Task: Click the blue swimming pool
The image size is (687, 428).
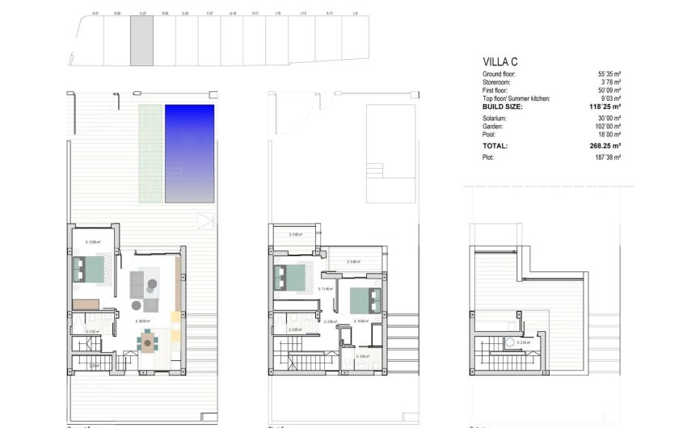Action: pos(189,153)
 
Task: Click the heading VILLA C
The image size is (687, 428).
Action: pos(501,61)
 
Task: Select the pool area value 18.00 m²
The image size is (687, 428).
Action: pos(607,134)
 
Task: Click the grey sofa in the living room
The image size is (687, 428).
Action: pos(137,284)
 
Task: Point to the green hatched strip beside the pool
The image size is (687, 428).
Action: pos(150,153)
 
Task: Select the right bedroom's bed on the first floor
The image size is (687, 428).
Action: pos(365,300)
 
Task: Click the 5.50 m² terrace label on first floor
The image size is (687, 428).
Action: pos(353,262)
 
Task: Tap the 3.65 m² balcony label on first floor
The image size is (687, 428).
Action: pos(296,235)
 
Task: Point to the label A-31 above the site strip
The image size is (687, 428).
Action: pos(95,14)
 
